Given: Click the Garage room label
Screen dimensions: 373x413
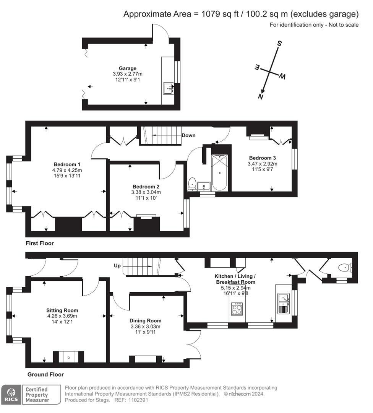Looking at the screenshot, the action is click(x=127, y=68).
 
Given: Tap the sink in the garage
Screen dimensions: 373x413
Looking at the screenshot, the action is click(x=169, y=88).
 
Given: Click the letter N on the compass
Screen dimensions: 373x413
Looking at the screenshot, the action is click(x=261, y=96).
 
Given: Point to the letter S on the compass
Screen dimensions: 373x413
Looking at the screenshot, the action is click(x=279, y=43).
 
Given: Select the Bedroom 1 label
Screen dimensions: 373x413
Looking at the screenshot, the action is click(x=67, y=164).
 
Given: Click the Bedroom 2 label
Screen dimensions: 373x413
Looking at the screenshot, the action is click(x=146, y=187).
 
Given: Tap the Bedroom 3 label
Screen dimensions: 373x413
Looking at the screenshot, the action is click(x=263, y=158).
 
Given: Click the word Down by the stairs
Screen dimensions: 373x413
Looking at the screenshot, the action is click(x=188, y=135).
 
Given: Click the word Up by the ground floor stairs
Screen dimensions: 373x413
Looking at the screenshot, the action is click(x=117, y=265).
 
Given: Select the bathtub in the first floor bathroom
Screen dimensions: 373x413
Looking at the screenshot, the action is click(x=220, y=172).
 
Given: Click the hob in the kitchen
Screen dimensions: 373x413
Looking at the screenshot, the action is click(x=237, y=309).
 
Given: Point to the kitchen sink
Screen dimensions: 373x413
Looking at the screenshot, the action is click(x=284, y=303).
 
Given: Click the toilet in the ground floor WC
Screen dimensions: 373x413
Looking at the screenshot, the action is click(x=345, y=268).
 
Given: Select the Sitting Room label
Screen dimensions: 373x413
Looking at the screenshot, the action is click(x=62, y=310).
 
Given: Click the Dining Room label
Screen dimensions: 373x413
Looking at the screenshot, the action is click(x=145, y=320).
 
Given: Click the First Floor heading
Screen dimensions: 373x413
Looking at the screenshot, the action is click(x=39, y=243).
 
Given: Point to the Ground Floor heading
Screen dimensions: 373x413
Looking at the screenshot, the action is click(x=45, y=374).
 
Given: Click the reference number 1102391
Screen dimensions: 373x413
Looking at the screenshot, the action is click(x=138, y=400).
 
